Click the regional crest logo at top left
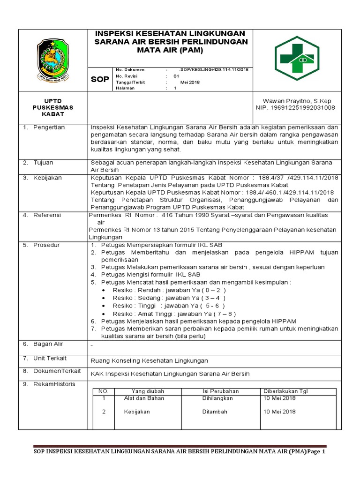coord(53,59)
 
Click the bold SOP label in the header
coord(99,80)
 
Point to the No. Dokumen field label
coord(130,69)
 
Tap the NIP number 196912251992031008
coord(295,108)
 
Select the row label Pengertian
coord(49,127)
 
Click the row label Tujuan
coord(43,163)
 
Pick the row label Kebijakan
coord(47,178)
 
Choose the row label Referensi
coord(47,215)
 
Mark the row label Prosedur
coord(46,245)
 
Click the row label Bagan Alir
coord(48,344)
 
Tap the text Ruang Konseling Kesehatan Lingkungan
coord(149,360)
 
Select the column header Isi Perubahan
coord(220,391)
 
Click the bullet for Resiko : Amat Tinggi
coord(103,314)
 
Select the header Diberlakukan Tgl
coord(285,391)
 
